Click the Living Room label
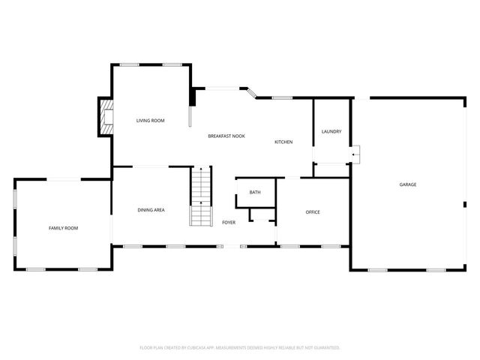(x=150, y=121)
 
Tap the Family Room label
(x=63, y=228)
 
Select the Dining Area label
(x=151, y=211)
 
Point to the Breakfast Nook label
(x=226, y=136)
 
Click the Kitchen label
(x=283, y=142)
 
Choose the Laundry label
(x=331, y=132)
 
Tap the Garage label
(x=407, y=184)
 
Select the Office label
(x=313, y=212)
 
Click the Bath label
(x=255, y=193)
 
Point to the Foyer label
(x=229, y=223)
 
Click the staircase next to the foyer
(x=201, y=199)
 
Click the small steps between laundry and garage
(x=356, y=154)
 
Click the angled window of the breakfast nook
(x=253, y=93)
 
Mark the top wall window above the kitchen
(x=282, y=97)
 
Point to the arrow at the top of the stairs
(x=200, y=170)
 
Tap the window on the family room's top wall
(x=60, y=179)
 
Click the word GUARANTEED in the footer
(x=324, y=348)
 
